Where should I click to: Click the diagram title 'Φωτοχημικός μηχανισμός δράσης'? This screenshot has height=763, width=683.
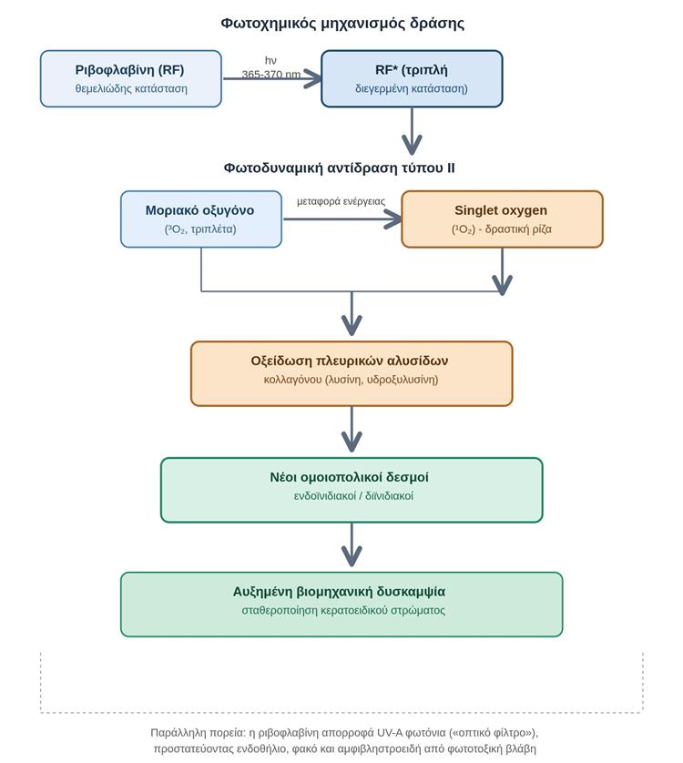coord(342,24)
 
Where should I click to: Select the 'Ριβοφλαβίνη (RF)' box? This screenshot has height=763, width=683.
coord(131,78)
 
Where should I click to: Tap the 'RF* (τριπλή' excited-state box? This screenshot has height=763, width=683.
coord(412,78)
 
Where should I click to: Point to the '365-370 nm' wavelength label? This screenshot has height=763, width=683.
coord(271,75)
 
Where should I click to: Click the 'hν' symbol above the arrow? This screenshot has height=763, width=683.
coord(270,60)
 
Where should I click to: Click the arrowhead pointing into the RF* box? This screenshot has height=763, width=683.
coord(312,78)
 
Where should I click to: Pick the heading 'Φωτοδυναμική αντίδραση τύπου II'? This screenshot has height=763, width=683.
coord(340,168)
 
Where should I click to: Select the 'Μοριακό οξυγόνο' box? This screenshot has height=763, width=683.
coord(201,219)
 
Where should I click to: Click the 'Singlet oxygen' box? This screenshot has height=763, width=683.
coord(502,219)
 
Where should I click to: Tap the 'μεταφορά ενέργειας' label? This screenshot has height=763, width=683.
coord(341,201)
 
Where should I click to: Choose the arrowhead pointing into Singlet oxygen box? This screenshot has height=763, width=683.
coord(392,219)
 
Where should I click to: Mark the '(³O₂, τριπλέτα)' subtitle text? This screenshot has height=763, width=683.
coord(200,229)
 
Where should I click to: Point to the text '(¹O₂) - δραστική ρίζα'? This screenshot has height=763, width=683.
coord(502,229)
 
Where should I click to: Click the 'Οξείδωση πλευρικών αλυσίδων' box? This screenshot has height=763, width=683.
coord(352,373)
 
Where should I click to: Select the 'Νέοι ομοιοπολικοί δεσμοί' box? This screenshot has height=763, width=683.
coord(352,490)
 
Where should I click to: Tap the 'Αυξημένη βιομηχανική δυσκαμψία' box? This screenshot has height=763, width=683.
coord(341,605)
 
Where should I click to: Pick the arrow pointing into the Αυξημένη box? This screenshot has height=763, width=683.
coord(352,545)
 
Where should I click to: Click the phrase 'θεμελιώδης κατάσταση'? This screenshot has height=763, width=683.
coord(131,88)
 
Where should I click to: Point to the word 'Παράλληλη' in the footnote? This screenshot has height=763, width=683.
coord(173,732)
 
